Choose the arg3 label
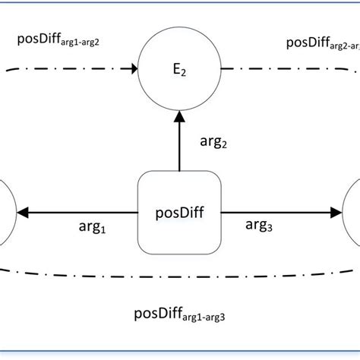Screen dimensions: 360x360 click(262, 225)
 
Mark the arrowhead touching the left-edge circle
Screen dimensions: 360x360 click(23, 213)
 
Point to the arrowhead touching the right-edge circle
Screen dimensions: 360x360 click(336, 213)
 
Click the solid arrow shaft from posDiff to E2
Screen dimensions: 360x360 click(179, 148)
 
